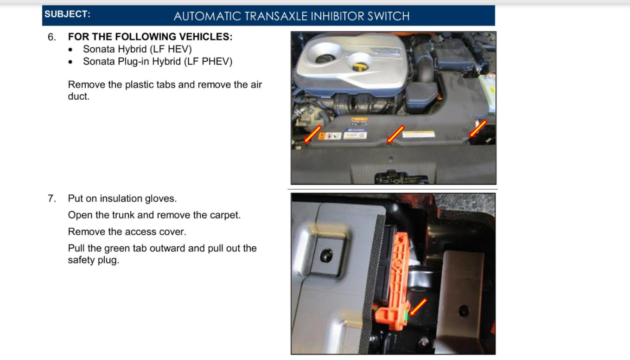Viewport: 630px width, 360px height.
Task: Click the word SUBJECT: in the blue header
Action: click(x=67, y=14)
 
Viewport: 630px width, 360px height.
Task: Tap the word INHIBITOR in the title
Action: click(x=337, y=16)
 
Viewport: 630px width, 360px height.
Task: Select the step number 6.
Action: click(x=52, y=37)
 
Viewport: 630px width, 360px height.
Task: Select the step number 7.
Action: click(x=52, y=199)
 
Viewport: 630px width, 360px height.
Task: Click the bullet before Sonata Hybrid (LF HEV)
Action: click(x=70, y=50)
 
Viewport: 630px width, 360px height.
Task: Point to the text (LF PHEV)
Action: click(x=208, y=61)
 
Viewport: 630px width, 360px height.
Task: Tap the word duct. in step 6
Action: click(x=79, y=96)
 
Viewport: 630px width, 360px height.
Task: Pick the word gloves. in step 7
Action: click(x=161, y=199)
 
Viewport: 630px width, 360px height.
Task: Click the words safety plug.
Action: click(x=94, y=260)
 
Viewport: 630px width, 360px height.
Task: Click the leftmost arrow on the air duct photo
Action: click(x=312, y=134)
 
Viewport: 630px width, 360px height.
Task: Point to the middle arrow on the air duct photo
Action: click(x=395, y=134)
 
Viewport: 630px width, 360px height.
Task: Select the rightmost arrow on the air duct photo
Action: click(x=478, y=129)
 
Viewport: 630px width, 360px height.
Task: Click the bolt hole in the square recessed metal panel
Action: click(x=326, y=256)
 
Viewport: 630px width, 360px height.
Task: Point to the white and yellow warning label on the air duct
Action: click(x=419, y=134)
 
